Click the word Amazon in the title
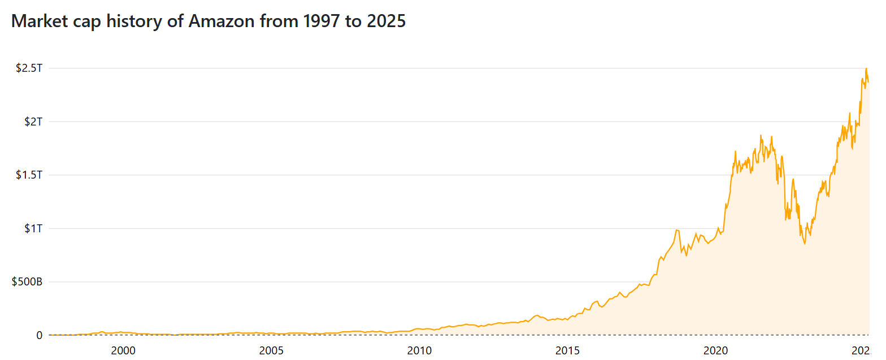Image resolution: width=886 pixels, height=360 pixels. click(219, 21)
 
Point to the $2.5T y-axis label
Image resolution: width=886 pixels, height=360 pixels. click(29, 68)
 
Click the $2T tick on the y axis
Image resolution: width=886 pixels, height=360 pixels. click(32, 122)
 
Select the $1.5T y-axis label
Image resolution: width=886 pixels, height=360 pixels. click(29, 175)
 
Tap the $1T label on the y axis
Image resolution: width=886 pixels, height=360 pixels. click(32, 228)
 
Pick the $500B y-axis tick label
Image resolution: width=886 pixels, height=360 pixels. click(27, 282)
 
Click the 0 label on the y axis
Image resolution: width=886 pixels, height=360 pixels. click(39, 335)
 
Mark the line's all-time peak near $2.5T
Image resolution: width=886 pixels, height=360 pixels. click(866, 69)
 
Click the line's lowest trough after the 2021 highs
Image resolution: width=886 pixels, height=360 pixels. click(805, 244)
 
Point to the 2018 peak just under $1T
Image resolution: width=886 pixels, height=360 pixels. click(676, 230)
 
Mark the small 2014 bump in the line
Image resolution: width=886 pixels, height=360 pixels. click(537, 315)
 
